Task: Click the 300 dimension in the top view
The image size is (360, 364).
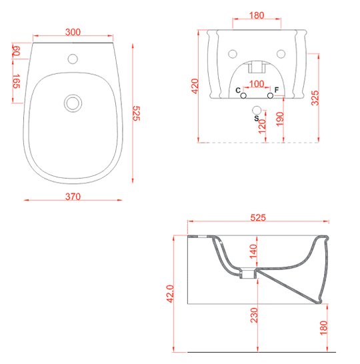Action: pyautogui.click(x=73, y=32)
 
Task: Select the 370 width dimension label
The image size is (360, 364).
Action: pyautogui.click(x=73, y=197)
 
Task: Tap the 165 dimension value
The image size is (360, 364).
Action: pyautogui.click(x=17, y=81)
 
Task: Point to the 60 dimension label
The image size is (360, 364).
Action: pyautogui.click(x=17, y=51)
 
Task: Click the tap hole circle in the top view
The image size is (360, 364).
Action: pyautogui.click(x=73, y=59)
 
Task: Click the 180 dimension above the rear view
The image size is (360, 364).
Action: pyautogui.click(x=257, y=15)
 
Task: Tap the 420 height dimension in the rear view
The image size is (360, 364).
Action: pyautogui.click(x=195, y=86)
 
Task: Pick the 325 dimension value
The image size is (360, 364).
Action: pyautogui.click(x=315, y=98)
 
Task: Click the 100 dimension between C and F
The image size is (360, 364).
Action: pyautogui.click(x=257, y=84)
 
